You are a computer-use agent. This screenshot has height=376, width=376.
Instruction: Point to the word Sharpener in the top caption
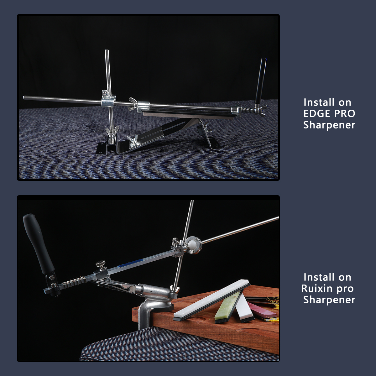[329, 125]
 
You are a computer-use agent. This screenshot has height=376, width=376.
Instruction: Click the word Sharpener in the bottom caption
[329, 300]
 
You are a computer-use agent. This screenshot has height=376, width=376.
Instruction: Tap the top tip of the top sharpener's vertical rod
[107, 50]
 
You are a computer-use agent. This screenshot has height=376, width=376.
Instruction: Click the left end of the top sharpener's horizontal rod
[24, 97]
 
